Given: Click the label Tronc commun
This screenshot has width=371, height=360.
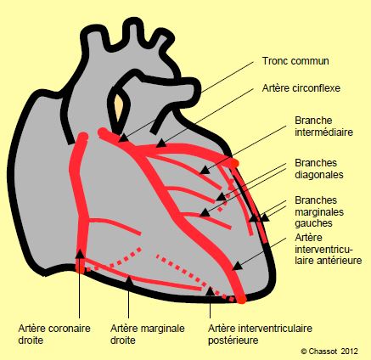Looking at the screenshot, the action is click(x=295, y=61).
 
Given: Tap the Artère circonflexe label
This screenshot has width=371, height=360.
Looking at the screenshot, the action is click(x=301, y=88).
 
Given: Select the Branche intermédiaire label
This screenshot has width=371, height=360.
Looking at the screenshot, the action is click(x=323, y=127).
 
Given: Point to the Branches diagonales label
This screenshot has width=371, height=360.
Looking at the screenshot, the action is click(x=319, y=169).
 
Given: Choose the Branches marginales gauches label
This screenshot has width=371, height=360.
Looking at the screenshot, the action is click(x=319, y=211).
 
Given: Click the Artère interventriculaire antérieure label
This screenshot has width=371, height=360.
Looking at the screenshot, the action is click(x=329, y=249).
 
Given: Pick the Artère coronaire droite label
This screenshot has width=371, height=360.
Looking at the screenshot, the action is click(x=54, y=335).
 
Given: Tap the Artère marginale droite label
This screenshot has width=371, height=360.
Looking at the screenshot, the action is click(x=148, y=335).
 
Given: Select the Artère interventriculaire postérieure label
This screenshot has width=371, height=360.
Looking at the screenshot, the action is click(x=260, y=335).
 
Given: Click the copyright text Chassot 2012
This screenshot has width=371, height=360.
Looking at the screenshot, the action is click(x=329, y=352).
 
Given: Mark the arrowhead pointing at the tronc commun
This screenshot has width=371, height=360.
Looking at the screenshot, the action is click(x=123, y=138).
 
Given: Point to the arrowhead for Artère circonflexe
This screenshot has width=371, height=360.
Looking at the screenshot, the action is click(x=161, y=143).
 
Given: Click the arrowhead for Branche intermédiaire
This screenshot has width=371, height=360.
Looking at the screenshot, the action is click(x=205, y=170).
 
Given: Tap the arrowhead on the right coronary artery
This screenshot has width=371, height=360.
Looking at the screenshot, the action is click(x=80, y=254).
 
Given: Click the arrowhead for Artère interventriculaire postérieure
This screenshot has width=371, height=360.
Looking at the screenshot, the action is click(x=210, y=291).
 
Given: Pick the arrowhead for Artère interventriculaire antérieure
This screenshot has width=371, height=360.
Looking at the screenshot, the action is click(x=238, y=266).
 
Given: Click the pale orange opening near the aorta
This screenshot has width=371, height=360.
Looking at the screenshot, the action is click(x=119, y=107).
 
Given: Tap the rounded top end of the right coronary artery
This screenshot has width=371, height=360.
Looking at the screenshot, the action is click(x=83, y=137).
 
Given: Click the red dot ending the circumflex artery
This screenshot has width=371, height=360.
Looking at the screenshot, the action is click(x=234, y=163).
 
